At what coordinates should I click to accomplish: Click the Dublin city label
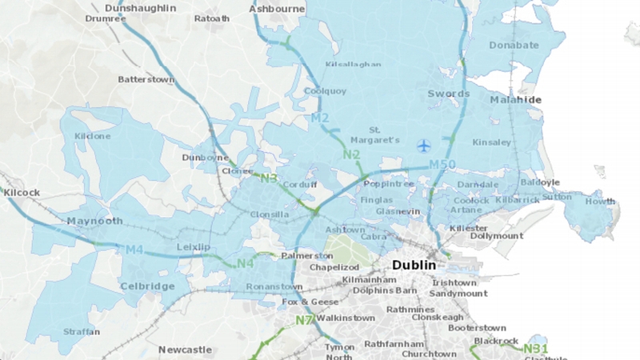[x=414, y=265]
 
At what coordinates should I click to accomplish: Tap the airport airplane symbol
[x=423, y=145]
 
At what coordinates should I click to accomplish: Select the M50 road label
[x=443, y=165]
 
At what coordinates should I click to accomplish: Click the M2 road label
[x=320, y=119]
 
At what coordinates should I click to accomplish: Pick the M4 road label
[x=134, y=250]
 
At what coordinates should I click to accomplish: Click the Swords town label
[x=448, y=94]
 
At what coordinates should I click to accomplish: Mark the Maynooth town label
[x=95, y=221]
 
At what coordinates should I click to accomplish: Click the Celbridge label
[x=147, y=286]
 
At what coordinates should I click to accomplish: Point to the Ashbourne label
[x=277, y=9]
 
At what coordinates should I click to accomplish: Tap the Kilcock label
[x=21, y=193]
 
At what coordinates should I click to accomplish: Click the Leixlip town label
[x=193, y=247]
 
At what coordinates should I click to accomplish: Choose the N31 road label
[x=535, y=348]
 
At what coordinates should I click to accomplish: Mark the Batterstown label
[x=146, y=79]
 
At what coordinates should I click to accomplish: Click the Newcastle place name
[x=185, y=350]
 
